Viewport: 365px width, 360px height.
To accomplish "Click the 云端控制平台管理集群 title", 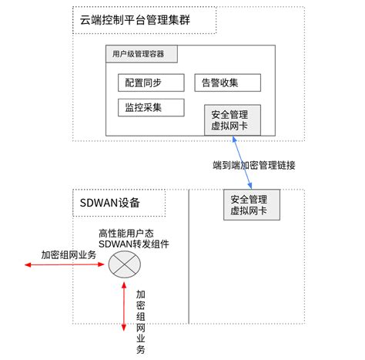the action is [x=135, y=20].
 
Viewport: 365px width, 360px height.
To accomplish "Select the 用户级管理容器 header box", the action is [x=142, y=54].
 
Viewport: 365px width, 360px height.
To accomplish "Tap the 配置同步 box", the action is [x=151, y=82].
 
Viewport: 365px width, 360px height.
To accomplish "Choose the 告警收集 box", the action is [x=227, y=82].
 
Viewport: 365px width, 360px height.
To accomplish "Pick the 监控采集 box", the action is [x=151, y=107].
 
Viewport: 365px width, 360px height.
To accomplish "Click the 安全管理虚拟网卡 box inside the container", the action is [x=233, y=120].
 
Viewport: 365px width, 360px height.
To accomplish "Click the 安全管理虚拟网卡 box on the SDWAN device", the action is [x=252, y=205].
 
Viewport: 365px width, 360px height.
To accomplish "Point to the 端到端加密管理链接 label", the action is [x=254, y=165].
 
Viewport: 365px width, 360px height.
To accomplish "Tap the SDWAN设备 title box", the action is [x=119, y=203].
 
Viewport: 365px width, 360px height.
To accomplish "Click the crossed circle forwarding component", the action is [x=125, y=264].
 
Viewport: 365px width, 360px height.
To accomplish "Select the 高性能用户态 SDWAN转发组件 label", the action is [x=134, y=239].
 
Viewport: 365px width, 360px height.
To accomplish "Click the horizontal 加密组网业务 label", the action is [x=69, y=255].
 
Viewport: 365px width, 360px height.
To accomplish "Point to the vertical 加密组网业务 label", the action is [x=140, y=322].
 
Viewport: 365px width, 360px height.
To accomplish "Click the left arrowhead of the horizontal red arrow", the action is [x=25, y=264].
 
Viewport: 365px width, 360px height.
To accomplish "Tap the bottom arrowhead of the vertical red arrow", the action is [x=124, y=329].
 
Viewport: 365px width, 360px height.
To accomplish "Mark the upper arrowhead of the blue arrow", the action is [x=234, y=138].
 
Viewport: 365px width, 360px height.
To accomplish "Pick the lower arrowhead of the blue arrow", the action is [x=250, y=187].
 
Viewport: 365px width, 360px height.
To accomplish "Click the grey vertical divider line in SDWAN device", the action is [x=189, y=257].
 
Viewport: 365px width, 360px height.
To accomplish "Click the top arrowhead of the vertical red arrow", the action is [x=124, y=284].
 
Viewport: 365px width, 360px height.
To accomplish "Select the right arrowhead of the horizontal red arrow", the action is [x=103, y=264].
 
